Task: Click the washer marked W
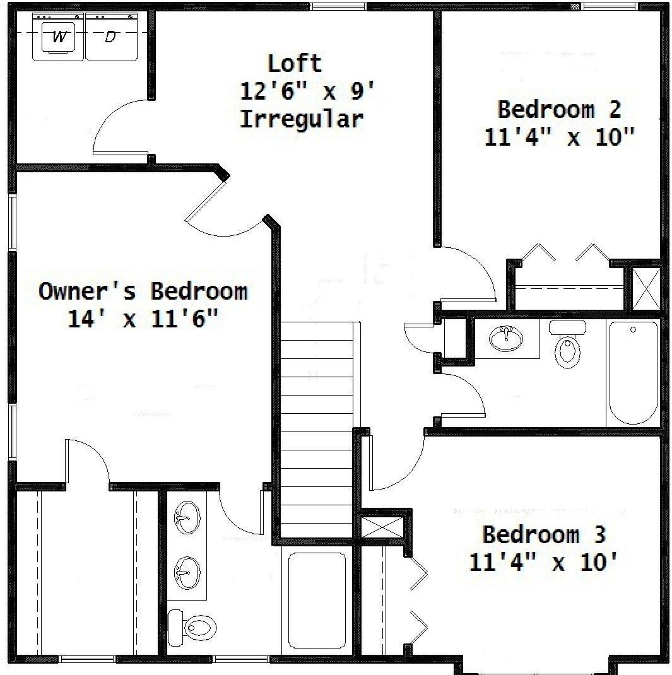(59, 37)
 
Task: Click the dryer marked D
(111, 37)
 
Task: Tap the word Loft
(295, 64)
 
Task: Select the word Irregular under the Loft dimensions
(302, 119)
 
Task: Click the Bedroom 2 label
(559, 109)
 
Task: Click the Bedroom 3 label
(544, 534)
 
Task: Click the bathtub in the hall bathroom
(634, 373)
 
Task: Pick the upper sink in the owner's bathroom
(187, 517)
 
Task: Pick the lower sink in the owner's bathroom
(187, 573)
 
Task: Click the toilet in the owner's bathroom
(192, 627)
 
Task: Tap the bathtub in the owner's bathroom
(317, 600)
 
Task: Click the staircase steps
(317, 430)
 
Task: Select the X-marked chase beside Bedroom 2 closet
(645, 288)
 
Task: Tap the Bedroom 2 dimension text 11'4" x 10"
(559, 138)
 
